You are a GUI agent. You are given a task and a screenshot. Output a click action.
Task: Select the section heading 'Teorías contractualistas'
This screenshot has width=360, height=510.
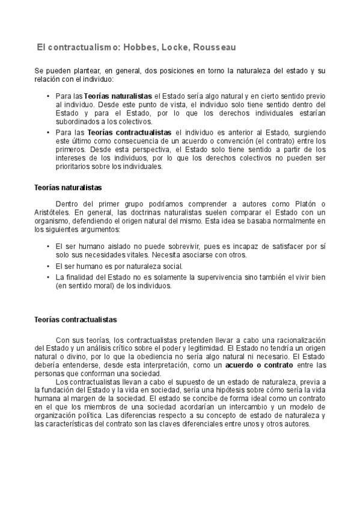76,319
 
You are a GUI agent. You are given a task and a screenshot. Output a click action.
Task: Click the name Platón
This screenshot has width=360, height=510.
304,203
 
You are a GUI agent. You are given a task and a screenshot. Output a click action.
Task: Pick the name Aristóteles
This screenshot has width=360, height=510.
52,212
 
